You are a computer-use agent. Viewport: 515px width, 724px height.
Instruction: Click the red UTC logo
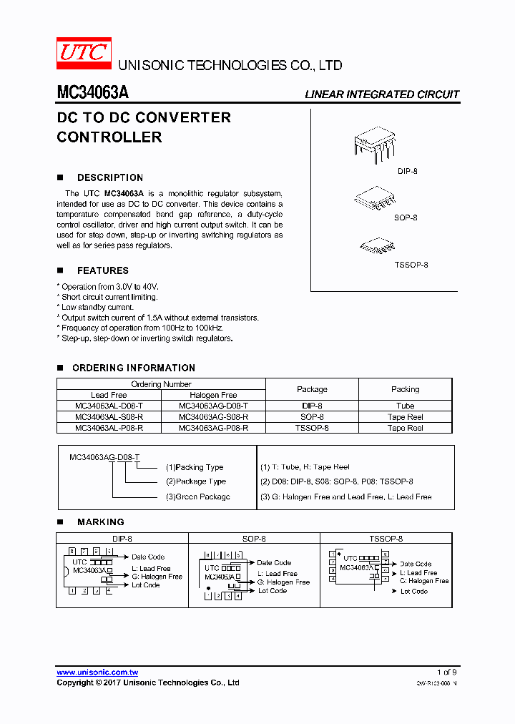[x=84, y=53]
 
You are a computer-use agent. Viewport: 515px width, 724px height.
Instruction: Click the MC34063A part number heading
[x=92, y=94]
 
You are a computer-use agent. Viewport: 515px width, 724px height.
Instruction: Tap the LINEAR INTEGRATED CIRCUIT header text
[x=382, y=94]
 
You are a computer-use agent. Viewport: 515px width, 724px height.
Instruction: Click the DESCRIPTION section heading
[x=109, y=177]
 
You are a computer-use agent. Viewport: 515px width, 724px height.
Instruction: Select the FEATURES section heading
[x=102, y=270]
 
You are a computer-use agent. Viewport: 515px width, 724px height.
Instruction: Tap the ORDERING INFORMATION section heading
[x=133, y=368]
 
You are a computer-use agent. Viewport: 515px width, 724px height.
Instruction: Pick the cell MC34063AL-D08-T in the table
[x=109, y=406]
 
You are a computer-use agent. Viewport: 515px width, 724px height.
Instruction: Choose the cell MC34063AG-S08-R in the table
[x=213, y=416]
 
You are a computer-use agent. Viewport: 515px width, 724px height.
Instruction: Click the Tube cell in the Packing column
[x=405, y=406]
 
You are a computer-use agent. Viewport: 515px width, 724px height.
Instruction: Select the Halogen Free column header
[x=213, y=395]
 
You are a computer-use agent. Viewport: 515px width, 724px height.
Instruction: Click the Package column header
[x=312, y=389]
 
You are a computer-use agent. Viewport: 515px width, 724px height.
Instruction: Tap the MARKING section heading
[x=100, y=522]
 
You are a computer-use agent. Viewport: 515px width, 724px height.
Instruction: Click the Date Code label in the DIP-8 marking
[x=147, y=557]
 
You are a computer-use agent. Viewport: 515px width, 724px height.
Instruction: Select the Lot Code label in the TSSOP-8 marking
[x=413, y=592]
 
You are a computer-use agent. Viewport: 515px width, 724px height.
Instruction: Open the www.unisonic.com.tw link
[x=97, y=672]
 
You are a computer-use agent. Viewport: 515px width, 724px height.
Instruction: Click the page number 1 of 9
[x=446, y=672]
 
